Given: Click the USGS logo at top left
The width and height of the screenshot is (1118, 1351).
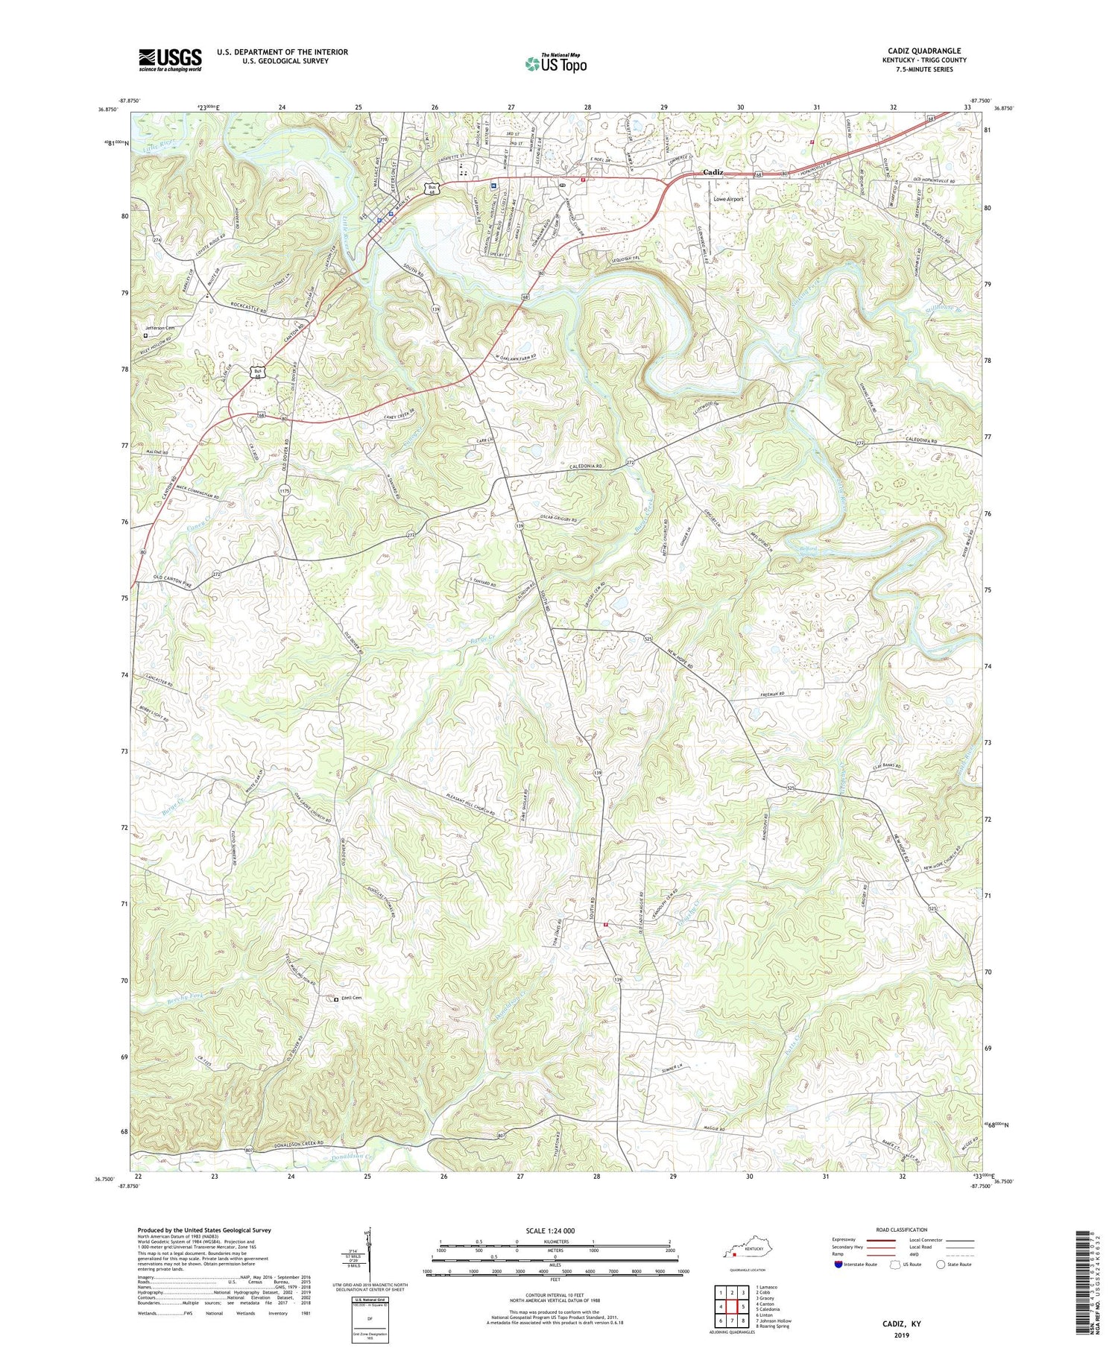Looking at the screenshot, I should pos(170,60).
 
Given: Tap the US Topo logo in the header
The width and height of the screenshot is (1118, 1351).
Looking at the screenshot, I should pos(555,64).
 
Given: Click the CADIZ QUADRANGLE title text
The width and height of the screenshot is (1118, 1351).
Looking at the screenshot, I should pos(923,51).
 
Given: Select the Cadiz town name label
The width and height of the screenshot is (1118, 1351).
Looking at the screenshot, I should pos(713,173).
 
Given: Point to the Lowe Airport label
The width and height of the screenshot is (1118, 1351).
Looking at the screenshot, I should pos(728,199).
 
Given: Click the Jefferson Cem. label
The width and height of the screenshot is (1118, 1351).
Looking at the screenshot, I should pos(160,328).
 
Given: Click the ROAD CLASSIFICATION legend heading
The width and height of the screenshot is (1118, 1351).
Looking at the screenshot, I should pos(902,1230).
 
